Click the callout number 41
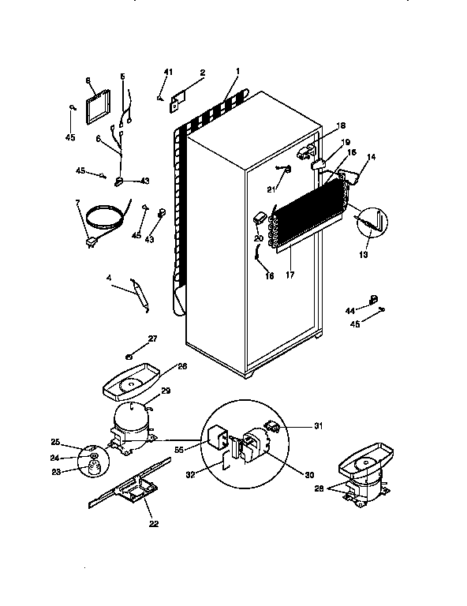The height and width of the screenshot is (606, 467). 166,73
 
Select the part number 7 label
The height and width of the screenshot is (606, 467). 77,204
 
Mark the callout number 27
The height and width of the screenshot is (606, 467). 152,339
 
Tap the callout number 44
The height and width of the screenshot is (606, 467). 350,312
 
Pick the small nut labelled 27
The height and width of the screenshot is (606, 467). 129,352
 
